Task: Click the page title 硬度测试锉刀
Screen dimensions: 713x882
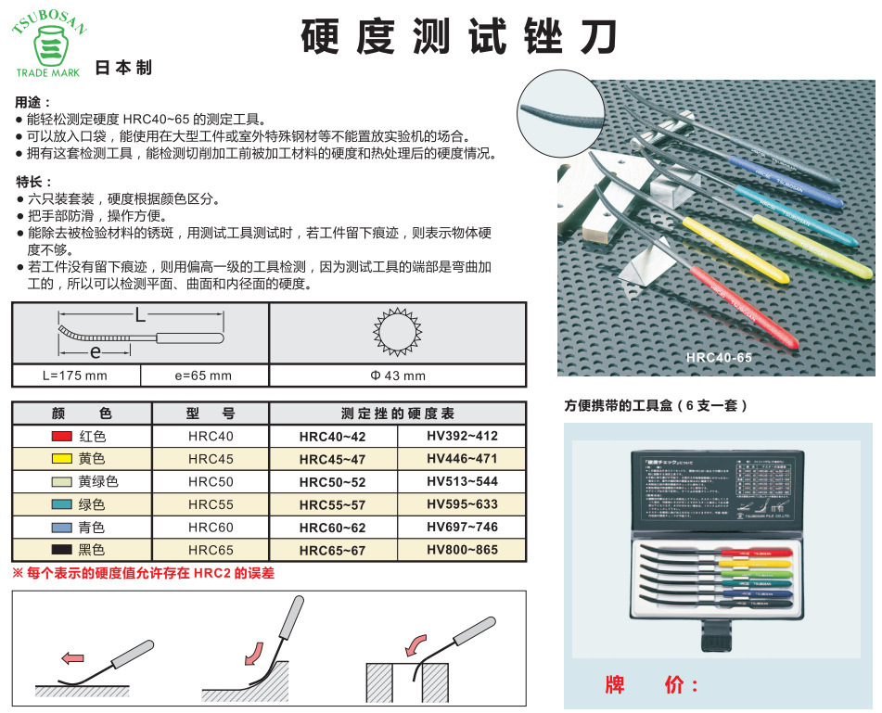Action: click(x=458, y=36)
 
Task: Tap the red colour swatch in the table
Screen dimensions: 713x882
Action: click(x=62, y=436)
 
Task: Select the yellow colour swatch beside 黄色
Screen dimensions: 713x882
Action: click(x=62, y=459)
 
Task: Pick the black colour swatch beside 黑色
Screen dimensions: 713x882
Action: click(x=62, y=550)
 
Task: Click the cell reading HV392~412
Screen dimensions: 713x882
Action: click(x=462, y=436)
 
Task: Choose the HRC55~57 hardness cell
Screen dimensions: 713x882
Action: click(x=332, y=505)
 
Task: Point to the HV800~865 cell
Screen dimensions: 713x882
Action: click(x=462, y=550)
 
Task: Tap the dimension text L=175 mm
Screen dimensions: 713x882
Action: click(x=75, y=376)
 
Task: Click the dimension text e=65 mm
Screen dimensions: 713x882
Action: click(x=203, y=376)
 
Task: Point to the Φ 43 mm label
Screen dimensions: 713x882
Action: click(x=398, y=376)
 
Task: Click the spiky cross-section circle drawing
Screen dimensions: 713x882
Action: click(x=398, y=331)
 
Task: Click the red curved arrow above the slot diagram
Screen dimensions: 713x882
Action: click(x=416, y=643)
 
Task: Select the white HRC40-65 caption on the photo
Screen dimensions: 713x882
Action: click(x=719, y=357)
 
